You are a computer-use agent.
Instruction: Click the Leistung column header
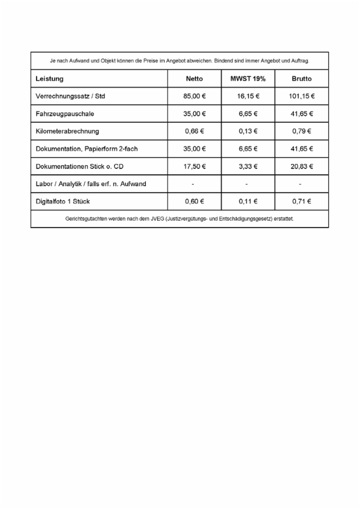50,79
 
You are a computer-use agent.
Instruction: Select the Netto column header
194,79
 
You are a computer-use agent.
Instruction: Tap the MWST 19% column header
248,79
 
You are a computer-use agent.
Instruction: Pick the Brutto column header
302,79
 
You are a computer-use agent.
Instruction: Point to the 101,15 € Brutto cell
302,96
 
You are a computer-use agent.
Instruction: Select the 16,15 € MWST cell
248,96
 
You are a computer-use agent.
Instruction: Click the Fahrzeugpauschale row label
65,114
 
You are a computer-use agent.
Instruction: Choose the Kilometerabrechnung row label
67,131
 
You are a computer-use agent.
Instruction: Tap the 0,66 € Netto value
194,131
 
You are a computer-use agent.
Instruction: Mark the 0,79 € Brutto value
302,131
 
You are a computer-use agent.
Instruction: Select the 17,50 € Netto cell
194,166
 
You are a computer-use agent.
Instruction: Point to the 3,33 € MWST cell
248,166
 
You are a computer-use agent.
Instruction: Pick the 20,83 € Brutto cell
302,166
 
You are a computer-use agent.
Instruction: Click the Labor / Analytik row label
90,184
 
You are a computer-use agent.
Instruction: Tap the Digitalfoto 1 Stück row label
63,201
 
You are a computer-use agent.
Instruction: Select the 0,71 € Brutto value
302,201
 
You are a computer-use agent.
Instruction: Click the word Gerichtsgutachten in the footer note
83,219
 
